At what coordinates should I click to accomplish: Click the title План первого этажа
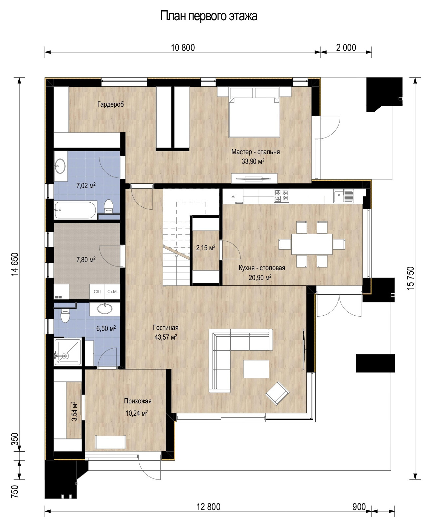pyautogui.click(x=209, y=16)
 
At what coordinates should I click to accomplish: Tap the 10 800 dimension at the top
pyautogui.click(x=183, y=48)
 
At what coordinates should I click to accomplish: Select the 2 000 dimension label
pyautogui.click(x=346, y=48)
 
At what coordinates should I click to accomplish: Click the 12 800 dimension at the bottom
pyautogui.click(x=209, y=507)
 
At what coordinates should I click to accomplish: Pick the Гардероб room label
pyautogui.click(x=110, y=104)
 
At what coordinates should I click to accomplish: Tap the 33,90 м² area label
pyautogui.click(x=253, y=161)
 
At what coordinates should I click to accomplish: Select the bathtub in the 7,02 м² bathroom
pyautogui.click(x=75, y=210)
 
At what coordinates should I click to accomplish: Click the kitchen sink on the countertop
pyautogui.click(x=343, y=196)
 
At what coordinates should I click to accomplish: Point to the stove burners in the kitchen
pyautogui.click(x=281, y=196)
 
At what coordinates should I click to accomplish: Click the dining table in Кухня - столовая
pyautogui.click(x=312, y=244)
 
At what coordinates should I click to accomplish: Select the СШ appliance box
pyautogui.click(x=97, y=291)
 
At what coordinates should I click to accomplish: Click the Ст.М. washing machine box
pyautogui.click(x=112, y=291)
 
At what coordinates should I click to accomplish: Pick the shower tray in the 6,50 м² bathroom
pyautogui.click(x=68, y=352)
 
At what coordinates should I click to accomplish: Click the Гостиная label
pyautogui.click(x=166, y=328)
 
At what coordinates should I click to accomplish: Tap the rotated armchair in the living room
pyautogui.click(x=277, y=393)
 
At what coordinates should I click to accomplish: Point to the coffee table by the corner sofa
pyautogui.click(x=256, y=369)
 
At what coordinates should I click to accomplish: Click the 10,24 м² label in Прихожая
pyautogui.click(x=136, y=413)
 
